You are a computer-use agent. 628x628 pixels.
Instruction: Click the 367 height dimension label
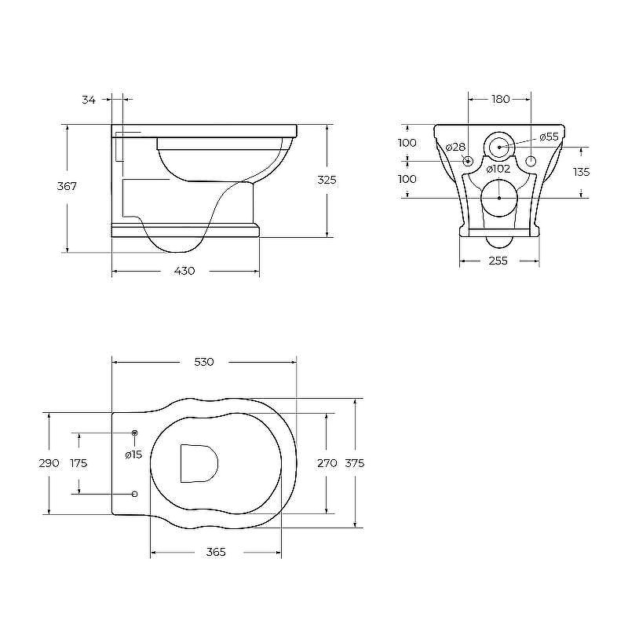[67, 186]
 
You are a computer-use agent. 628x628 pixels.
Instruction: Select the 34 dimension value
[89, 100]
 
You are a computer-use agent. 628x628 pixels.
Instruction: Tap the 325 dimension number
[327, 181]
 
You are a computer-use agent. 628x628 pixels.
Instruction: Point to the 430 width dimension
[184, 271]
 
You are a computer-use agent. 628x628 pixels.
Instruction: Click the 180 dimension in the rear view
[500, 99]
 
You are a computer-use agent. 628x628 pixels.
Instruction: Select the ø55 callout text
[549, 137]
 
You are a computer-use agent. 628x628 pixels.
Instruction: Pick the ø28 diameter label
[455, 148]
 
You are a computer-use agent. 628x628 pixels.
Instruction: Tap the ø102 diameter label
[498, 169]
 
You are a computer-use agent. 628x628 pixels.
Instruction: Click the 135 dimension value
[581, 172]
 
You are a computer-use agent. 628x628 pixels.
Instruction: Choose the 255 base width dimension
[498, 261]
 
